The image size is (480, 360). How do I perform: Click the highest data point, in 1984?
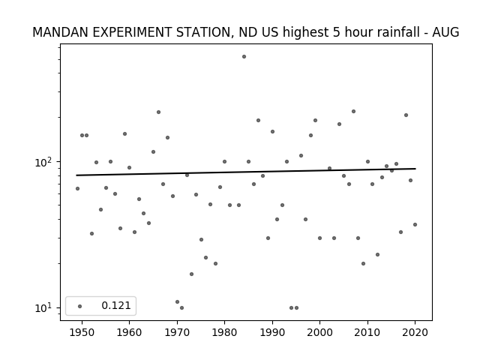pyautogui.click(x=244, y=57)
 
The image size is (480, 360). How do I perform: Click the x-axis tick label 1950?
pyautogui.click(x=82, y=332)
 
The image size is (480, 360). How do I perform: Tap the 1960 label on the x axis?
pyautogui.click(x=129, y=332)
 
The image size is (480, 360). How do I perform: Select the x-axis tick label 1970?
pyautogui.click(x=177, y=332)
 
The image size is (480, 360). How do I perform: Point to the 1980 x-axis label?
pyautogui.click(x=224, y=332)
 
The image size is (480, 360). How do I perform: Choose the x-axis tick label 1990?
pyautogui.click(x=272, y=332)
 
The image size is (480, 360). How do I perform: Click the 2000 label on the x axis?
pyautogui.click(x=319, y=332)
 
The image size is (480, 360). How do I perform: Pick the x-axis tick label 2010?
pyautogui.click(x=367, y=332)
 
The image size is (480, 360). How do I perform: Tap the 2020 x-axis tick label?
pyautogui.click(x=415, y=332)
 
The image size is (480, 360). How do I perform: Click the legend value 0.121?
pyautogui.click(x=116, y=305)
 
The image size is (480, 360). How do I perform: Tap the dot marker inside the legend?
pyautogui.click(x=80, y=306)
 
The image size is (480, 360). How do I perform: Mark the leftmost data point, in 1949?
pyautogui.click(x=77, y=188)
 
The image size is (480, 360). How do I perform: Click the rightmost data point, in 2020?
pyautogui.click(x=415, y=225)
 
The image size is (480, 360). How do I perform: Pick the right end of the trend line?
pyautogui.click(x=415, y=169)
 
